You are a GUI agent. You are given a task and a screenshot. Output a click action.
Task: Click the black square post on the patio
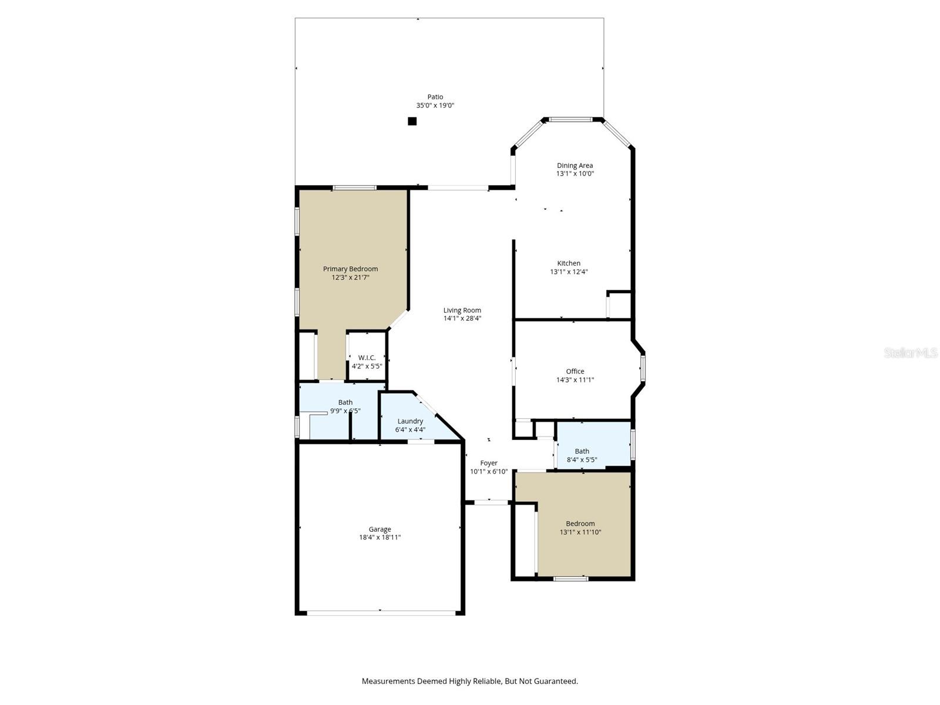point(412,121)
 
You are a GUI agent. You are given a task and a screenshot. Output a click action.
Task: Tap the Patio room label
point(435,97)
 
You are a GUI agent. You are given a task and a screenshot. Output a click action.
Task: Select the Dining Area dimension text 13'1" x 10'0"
point(575,174)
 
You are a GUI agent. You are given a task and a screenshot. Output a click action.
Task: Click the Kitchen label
point(569,263)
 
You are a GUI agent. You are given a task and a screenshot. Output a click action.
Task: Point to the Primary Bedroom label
point(350,269)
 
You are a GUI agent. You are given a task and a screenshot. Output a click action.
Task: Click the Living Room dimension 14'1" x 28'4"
point(462,318)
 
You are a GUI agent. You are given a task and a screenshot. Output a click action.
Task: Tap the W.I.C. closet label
point(367,358)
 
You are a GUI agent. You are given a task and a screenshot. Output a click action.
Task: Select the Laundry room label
point(410,421)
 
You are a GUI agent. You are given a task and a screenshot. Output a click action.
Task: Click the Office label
point(575,371)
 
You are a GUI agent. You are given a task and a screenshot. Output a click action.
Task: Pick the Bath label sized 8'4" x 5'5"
point(582,451)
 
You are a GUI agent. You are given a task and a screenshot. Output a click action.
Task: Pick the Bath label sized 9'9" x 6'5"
point(345,402)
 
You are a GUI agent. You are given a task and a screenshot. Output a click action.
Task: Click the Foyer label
point(489,463)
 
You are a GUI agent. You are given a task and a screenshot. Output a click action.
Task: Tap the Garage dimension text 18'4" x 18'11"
point(380,538)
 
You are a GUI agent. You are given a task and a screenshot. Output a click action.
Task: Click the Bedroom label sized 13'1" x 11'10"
point(580,523)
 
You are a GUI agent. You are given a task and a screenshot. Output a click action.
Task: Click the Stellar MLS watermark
point(911,352)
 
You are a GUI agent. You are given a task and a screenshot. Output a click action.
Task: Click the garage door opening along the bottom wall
point(380,613)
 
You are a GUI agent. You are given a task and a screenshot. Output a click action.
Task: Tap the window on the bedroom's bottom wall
point(571,579)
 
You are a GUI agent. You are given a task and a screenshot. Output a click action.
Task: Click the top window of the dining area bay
point(570,120)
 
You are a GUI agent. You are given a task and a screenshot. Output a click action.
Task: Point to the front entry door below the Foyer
point(491,502)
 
